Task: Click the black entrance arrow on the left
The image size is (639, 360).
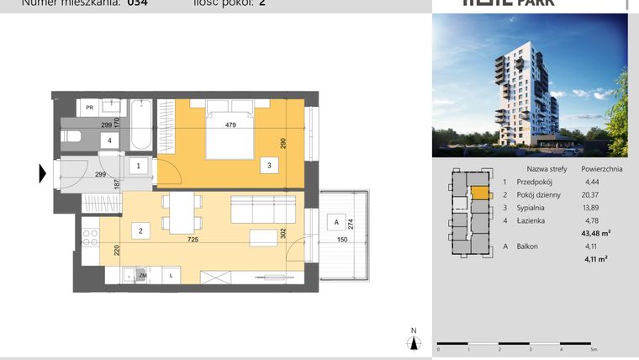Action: tap(41, 174)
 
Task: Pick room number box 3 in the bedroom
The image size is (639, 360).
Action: tap(268, 166)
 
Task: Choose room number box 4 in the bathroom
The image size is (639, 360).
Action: tap(108, 140)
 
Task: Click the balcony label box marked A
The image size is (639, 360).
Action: tap(336, 223)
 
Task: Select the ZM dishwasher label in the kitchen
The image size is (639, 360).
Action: tap(143, 275)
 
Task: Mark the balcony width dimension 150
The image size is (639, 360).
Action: tap(341, 241)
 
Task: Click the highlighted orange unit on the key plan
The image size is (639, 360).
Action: tap(478, 193)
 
